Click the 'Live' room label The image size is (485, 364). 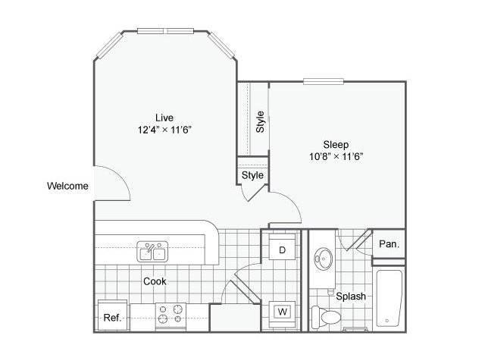click(164, 118)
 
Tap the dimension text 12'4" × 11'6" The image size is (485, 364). click(164, 130)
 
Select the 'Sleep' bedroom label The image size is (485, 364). click(336, 145)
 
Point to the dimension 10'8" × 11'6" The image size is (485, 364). click(336, 156)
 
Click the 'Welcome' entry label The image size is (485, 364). click(67, 186)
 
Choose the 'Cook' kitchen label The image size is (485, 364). click(155, 281)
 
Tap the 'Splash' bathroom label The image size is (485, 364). click(351, 297)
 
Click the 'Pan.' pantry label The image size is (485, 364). click(389, 244)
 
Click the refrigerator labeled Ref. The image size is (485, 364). click(113, 315)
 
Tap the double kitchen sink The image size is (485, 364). click(152, 252)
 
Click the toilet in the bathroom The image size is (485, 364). click(327, 317)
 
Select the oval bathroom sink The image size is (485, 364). click(324, 259)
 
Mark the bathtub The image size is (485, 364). click(389, 298)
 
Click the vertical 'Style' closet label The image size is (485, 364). click(261, 121)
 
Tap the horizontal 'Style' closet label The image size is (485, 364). click(252, 175)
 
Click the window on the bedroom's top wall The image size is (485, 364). click(324, 81)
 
